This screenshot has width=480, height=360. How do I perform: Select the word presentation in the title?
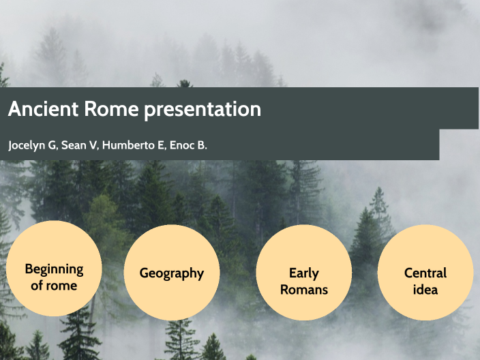[x=202, y=109]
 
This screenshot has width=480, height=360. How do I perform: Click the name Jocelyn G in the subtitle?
[x=31, y=146]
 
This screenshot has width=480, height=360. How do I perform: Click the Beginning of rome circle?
[x=54, y=269]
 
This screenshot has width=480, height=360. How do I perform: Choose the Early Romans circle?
[x=304, y=273]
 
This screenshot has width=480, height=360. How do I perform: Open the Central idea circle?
[x=425, y=273]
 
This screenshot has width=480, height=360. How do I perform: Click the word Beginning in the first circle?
[x=54, y=269]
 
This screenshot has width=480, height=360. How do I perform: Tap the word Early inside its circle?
[x=304, y=273]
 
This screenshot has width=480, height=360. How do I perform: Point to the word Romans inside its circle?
[x=304, y=290]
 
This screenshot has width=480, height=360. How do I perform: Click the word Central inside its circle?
[x=425, y=273]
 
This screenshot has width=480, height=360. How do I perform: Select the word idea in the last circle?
[x=425, y=290]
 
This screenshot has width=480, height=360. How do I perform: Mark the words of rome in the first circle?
[x=54, y=285]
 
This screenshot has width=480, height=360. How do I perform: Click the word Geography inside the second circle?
[x=172, y=273]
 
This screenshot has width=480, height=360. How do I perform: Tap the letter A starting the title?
[x=14, y=109]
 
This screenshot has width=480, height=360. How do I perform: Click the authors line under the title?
[x=108, y=146]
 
